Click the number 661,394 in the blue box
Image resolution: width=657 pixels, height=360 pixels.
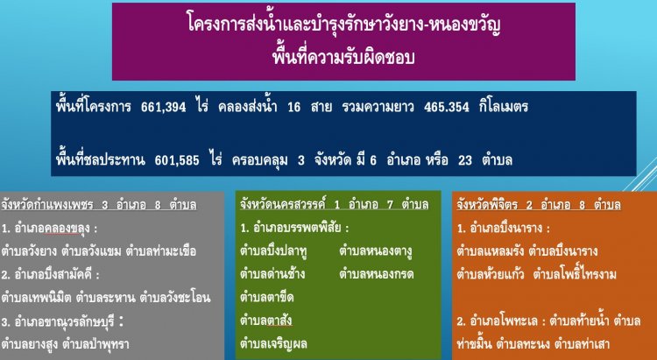point(164,107)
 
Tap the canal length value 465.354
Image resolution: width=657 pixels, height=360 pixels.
point(446,107)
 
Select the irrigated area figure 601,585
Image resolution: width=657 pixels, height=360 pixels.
point(177,160)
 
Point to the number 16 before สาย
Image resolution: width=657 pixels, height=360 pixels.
point(294,107)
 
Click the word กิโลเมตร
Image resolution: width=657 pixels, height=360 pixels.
point(504,107)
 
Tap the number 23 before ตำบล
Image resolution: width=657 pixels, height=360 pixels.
point(465,160)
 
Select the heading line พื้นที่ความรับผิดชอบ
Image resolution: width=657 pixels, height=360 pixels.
point(343,57)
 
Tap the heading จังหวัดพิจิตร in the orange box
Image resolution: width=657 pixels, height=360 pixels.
point(487,204)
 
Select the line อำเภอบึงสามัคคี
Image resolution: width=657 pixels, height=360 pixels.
point(50,275)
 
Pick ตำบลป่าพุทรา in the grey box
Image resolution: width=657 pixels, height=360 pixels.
point(95,344)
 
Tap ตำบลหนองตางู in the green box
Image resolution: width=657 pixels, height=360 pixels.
point(376,251)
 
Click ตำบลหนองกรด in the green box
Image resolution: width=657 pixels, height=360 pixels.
point(377,274)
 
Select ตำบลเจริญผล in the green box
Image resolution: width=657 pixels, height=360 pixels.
point(273,344)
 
